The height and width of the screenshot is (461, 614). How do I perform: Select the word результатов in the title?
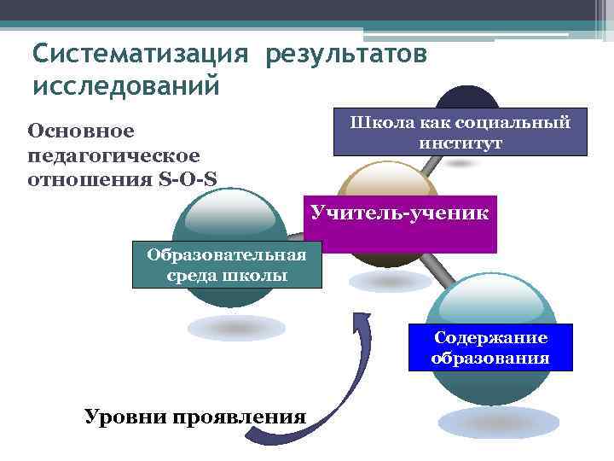[x=346, y=54]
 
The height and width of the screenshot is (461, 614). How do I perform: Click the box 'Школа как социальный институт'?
[x=460, y=133]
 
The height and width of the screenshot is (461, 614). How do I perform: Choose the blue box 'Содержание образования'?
[x=489, y=347]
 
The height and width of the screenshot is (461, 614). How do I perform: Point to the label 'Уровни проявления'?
[x=194, y=417]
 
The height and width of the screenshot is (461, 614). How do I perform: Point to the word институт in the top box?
[x=460, y=143]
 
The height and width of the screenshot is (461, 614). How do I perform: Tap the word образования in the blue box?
[x=489, y=357]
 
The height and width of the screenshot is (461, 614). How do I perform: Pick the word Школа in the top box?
[x=379, y=123]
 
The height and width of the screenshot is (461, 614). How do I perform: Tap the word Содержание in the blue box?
[x=490, y=337]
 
